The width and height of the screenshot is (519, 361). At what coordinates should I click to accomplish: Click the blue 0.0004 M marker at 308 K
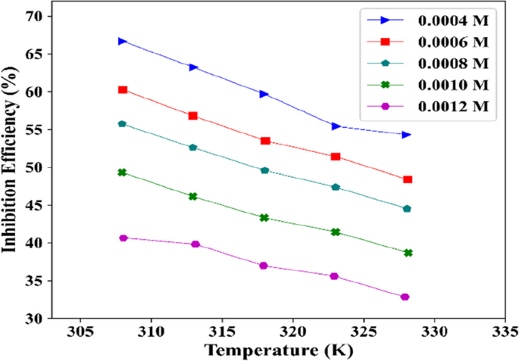123,41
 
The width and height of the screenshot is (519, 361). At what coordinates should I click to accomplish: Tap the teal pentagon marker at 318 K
264,170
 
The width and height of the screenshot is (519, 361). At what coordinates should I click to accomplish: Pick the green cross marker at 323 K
336,232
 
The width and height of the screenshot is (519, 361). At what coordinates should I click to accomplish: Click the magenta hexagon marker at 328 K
405,297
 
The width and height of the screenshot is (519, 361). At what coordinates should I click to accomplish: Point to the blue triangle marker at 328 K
407,135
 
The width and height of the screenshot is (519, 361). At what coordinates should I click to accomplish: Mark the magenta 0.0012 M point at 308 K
123,238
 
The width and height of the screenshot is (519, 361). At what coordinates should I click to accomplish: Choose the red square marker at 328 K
408,179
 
